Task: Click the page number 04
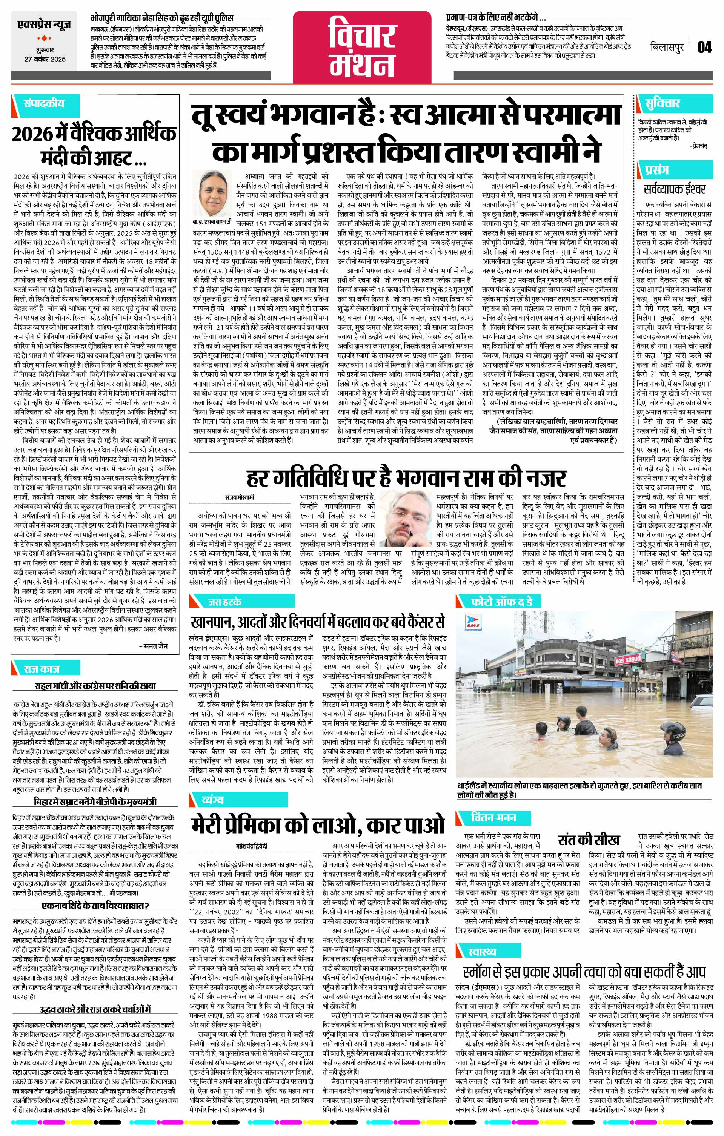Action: [x=704, y=48]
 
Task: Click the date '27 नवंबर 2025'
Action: [x=46, y=60]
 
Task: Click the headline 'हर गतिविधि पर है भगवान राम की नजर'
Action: [x=406, y=478]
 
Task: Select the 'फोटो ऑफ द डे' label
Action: [x=502, y=602]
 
